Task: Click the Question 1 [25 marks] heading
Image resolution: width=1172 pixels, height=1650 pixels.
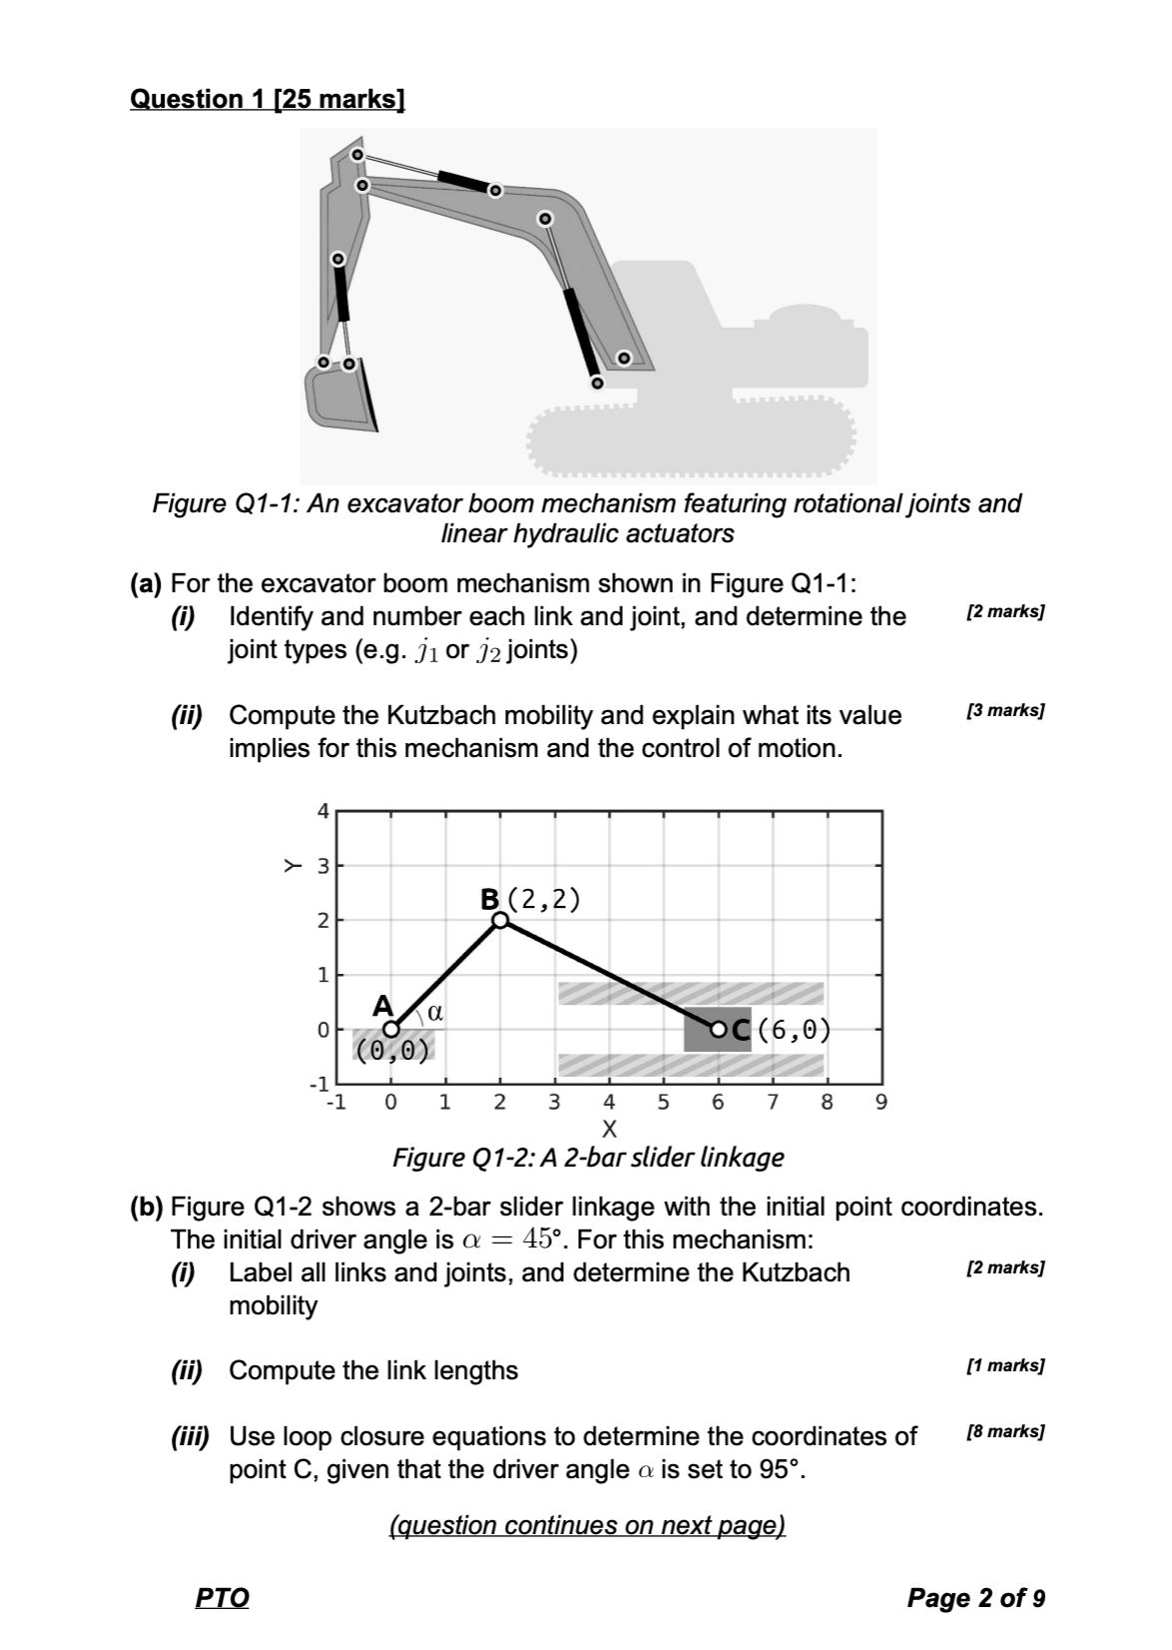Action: coord(268,99)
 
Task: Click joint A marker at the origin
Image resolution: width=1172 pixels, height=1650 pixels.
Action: coord(391,1029)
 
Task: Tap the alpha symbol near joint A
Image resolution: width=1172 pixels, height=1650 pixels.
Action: coord(434,1012)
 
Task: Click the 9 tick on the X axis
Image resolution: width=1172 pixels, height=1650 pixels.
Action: coord(880,1103)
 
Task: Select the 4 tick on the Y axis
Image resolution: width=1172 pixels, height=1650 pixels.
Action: coord(321,811)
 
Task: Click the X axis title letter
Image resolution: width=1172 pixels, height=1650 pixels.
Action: coord(609,1131)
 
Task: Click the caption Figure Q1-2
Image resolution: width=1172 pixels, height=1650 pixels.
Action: coord(588,1158)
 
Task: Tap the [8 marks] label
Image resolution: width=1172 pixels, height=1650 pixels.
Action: coord(1006,1431)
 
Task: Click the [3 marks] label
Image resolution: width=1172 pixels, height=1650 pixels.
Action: coord(1006,711)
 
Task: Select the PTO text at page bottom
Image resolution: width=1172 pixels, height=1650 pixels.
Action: coord(222,1598)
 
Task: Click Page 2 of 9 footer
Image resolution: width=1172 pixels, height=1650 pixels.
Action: coord(975,1598)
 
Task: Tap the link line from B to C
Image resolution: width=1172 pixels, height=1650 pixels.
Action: coord(609,974)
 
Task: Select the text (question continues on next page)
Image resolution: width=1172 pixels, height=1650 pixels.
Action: coord(587,1525)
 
